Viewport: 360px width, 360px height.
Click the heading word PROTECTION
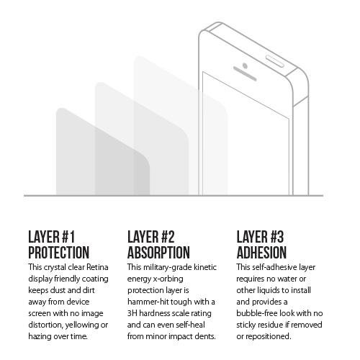(x=59, y=252)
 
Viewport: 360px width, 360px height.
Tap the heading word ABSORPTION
(x=158, y=252)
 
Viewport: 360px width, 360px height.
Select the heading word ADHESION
(x=261, y=252)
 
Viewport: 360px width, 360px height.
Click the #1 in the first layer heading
(x=68, y=237)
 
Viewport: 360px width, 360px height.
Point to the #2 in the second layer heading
(x=168, y=237)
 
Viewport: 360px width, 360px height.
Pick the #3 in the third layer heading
(x=277, y=237)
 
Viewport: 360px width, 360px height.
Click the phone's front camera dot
(x=245, y=66)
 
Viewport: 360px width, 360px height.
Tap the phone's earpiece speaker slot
(x=245, y=73)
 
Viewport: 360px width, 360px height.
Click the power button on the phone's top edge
(x=275, y=61)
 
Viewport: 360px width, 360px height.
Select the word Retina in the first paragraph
(x=97, y=267)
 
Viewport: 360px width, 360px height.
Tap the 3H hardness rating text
(x=132, y=313)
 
